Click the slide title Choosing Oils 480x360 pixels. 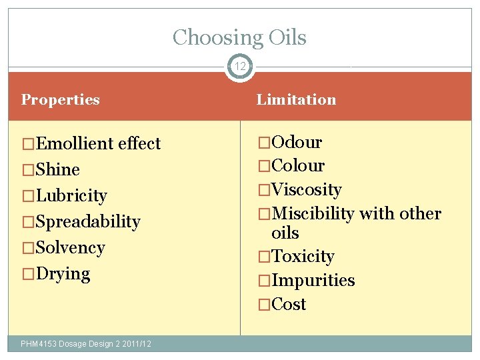[239, 38]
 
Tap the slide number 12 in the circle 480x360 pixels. [240, 67]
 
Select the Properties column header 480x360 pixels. [61, 100]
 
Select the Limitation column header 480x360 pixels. [297, 100]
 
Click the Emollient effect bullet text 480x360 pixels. [98, 143]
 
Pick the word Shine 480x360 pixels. [58, 169]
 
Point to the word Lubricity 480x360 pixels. [71, 195]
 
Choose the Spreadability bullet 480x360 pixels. [88, 221]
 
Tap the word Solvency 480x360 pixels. [71, 247]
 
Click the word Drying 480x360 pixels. [63, 273]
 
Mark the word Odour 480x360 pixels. [297, 142]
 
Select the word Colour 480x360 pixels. [299, 165]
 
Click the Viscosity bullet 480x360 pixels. [307, 189]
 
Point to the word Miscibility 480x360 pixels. [313, 213]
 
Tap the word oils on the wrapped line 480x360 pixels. [285, 233]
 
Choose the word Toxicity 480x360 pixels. [303, 256]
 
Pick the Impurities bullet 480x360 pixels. [313, 280]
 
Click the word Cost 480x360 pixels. [289, 304]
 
